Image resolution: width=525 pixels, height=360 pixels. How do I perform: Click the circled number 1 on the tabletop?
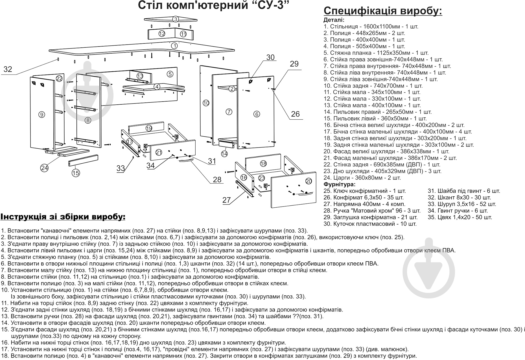click(174, 46)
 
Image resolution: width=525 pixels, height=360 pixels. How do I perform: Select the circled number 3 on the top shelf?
click(175, 19)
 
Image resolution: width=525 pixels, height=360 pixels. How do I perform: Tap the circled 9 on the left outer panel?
click(41, 114)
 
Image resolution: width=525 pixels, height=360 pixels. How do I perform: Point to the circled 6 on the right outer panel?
click(257, 114)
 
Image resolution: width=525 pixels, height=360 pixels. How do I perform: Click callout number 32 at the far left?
click(8, 69)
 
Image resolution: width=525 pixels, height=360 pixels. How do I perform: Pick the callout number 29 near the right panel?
click(294, 64)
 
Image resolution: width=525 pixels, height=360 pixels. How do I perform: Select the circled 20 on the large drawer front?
click(309, 181)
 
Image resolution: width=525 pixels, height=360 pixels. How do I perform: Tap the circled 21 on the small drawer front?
click(159, 152)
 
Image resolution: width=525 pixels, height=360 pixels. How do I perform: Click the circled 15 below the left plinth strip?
click(76, 173)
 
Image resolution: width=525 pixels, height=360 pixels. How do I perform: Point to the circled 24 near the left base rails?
click(44, 168)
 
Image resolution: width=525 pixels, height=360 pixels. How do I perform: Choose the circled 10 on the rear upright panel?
click(206, 103)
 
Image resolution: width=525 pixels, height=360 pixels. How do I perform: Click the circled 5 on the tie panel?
click(170, 74)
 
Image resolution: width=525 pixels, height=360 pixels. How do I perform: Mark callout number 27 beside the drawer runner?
click(227, 200)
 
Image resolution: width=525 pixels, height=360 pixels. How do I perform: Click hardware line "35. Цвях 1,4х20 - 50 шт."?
click(460, 217)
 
